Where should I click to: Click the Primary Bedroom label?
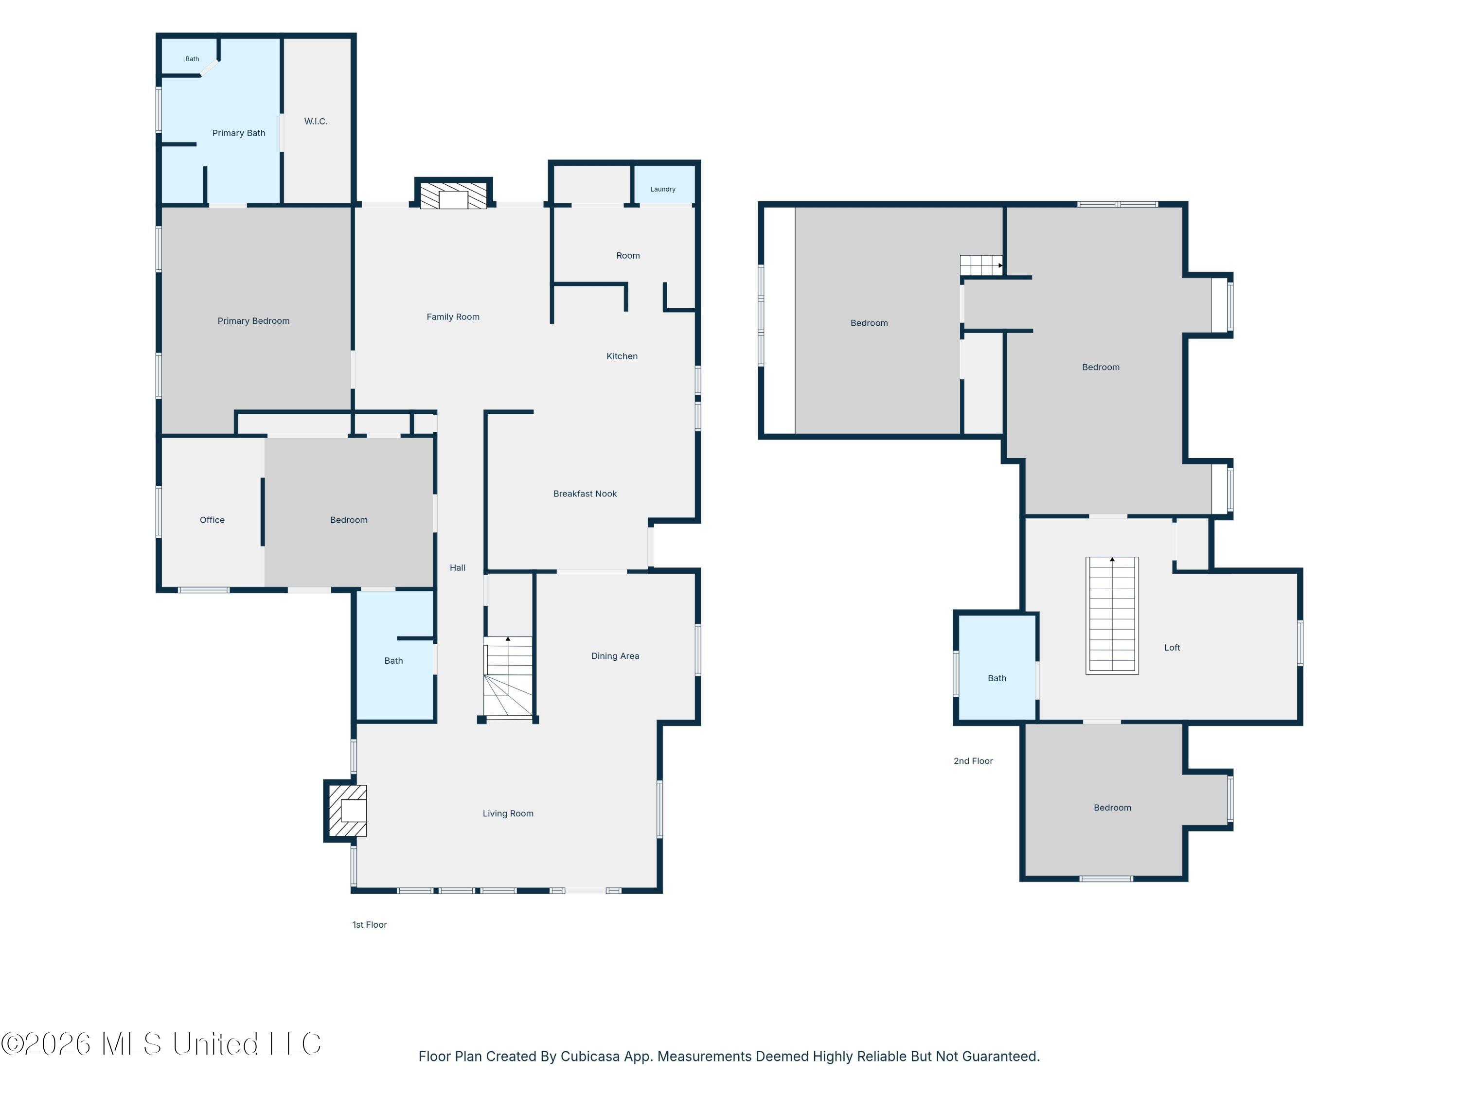pyautogui.click(x=253, y=321)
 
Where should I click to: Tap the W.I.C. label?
pyautogui.click(x=316, y=122)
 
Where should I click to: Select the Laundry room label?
pyautogui.click(x=663, y=189)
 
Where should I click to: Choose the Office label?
pyautogui.click(x=213, y=520)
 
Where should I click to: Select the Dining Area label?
pyautogui.click(x=615, y=656)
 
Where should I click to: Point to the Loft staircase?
pyautogui.click(x=1112, y=615)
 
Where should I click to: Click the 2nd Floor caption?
pyautogui.click(x=973, y=761)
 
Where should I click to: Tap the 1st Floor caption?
pyautogui.click(x=369, y=924)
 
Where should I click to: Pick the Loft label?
pyautogui.click(x=1172, y=648)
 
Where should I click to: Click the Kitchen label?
pyautogui.click(x=622, y=356)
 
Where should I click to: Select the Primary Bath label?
pyautogui.click(x=239, y=133)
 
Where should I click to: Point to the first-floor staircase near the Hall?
pyautogui.click(x=508, y=677)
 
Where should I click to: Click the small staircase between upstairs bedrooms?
pyautogui.click(x=981, y=265)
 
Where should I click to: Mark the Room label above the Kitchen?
pyautogui.click(x=628, y=256)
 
